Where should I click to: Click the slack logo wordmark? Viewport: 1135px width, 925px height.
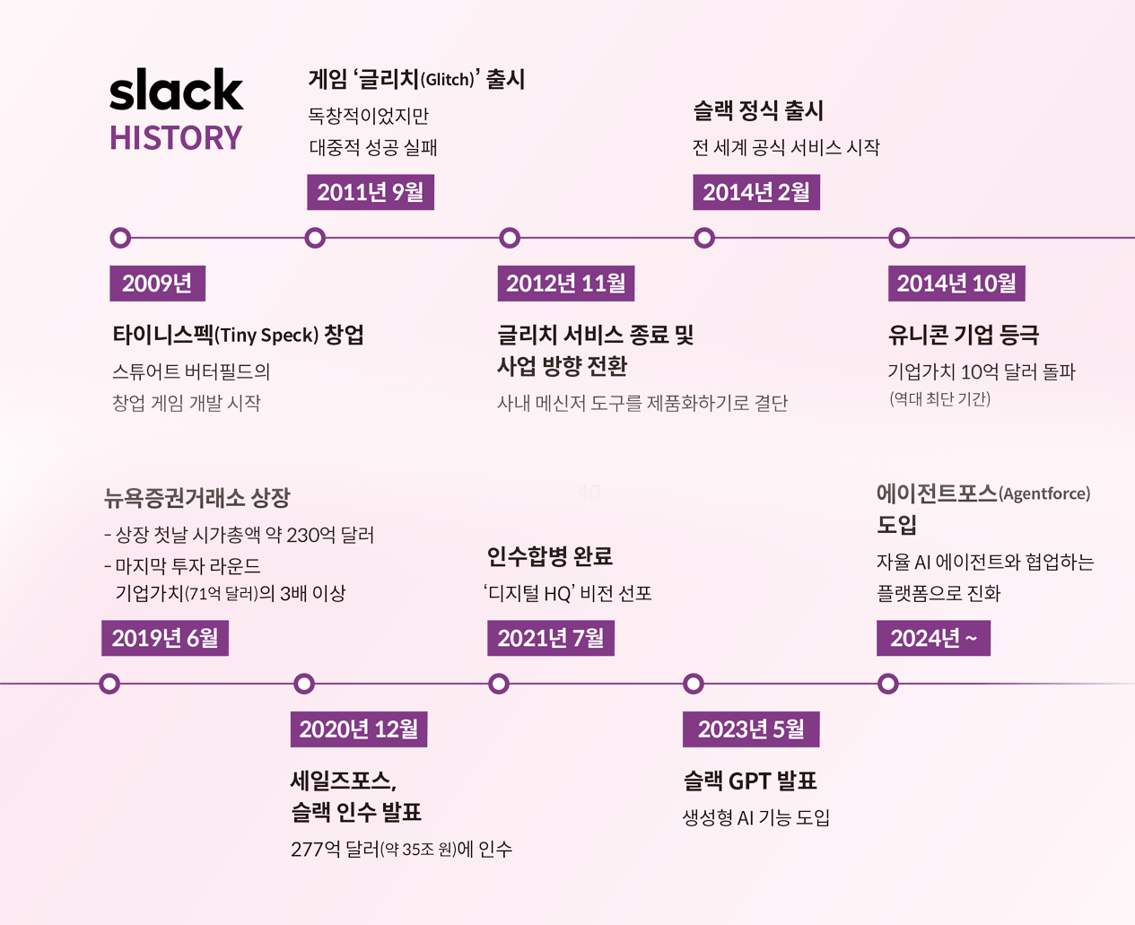coord(176,90)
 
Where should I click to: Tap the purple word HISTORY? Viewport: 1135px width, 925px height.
coord(176,138)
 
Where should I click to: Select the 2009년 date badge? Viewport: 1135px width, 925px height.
coord(157,284)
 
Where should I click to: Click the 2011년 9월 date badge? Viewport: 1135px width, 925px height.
coord(370,192)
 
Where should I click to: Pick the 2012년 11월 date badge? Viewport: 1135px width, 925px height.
coord(565,284)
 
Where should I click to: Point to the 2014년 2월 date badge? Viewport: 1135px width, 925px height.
coord(755,192)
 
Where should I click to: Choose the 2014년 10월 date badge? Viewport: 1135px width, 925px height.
coord(956,284)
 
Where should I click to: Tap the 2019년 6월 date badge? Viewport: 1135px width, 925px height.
coord(164,638)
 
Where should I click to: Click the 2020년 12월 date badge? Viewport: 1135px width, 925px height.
coord(358,729)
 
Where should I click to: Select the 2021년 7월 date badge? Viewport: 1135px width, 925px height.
coord(550,638)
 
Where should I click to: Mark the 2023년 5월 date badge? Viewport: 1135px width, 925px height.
coord(751,729)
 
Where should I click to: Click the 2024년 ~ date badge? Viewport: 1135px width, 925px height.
coord(933,638)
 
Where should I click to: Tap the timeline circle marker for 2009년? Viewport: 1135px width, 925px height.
coord(120,238)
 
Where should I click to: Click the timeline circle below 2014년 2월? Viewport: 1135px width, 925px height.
coord(704,238)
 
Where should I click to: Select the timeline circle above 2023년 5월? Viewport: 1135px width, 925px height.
coord(693,684)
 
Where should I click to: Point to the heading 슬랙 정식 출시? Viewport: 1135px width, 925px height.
coord(758,110)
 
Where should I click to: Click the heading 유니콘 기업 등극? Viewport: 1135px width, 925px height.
coord(963,335)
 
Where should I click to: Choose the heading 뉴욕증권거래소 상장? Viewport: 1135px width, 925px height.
coord(197,497)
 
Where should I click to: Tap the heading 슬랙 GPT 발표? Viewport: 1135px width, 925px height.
coord(749,781)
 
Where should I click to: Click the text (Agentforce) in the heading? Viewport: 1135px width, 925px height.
coord(1044,494)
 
